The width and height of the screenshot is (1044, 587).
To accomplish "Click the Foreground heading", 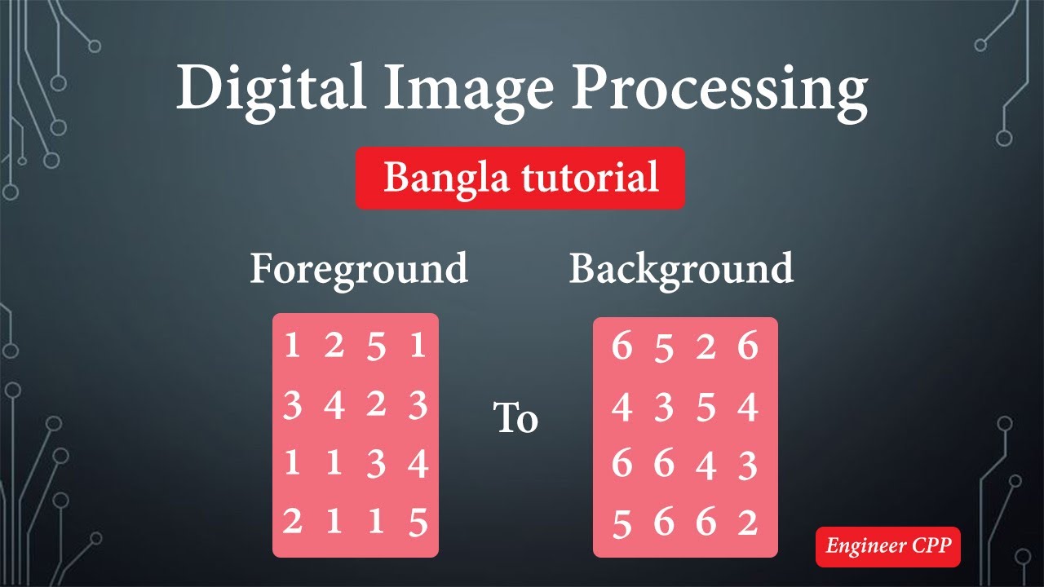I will (359, 270).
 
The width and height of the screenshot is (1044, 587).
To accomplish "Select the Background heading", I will (681, 270).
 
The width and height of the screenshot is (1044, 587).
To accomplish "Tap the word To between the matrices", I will (515, 418).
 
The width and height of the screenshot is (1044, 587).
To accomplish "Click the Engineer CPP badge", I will (888, 545).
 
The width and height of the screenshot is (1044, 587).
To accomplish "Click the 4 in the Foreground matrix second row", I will (334, 405).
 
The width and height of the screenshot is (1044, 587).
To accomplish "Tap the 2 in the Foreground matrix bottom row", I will (292, 521).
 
